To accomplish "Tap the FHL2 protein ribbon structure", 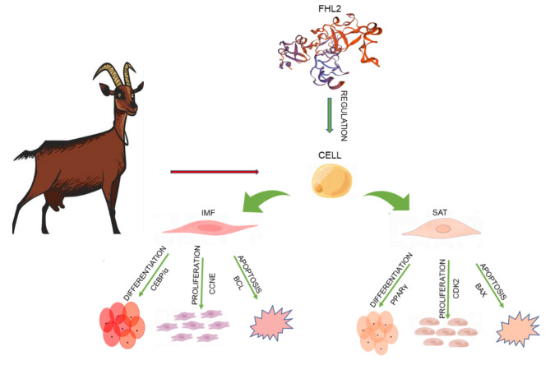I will (330, 50).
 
